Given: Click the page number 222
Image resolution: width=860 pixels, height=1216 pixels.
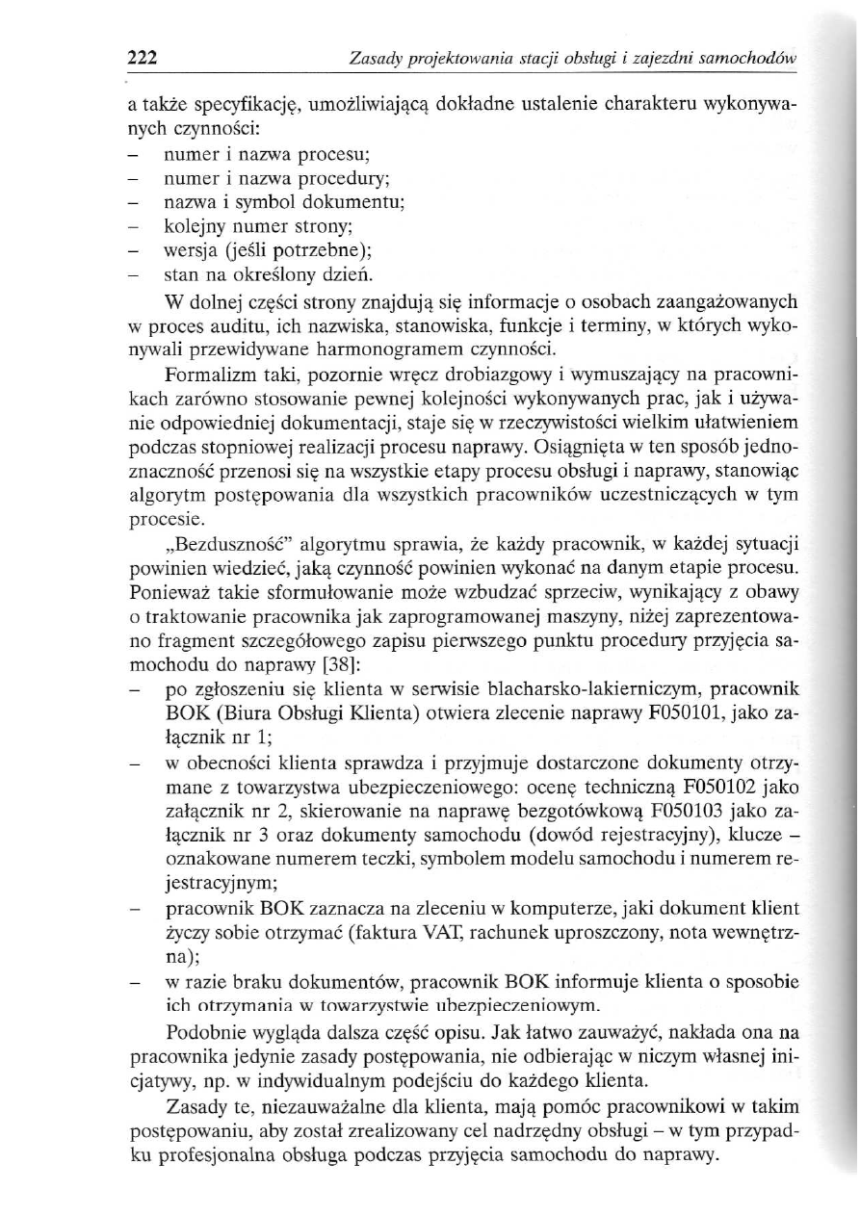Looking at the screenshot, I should (x=143, y=60).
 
